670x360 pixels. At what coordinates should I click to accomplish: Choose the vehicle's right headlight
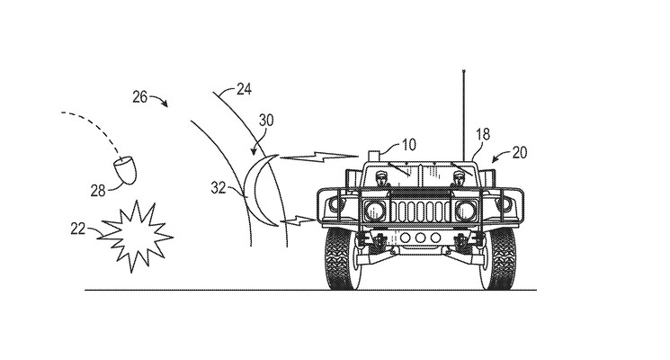click(x=466, y=211)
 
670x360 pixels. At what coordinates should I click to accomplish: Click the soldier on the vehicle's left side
click(x=380, y=177)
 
